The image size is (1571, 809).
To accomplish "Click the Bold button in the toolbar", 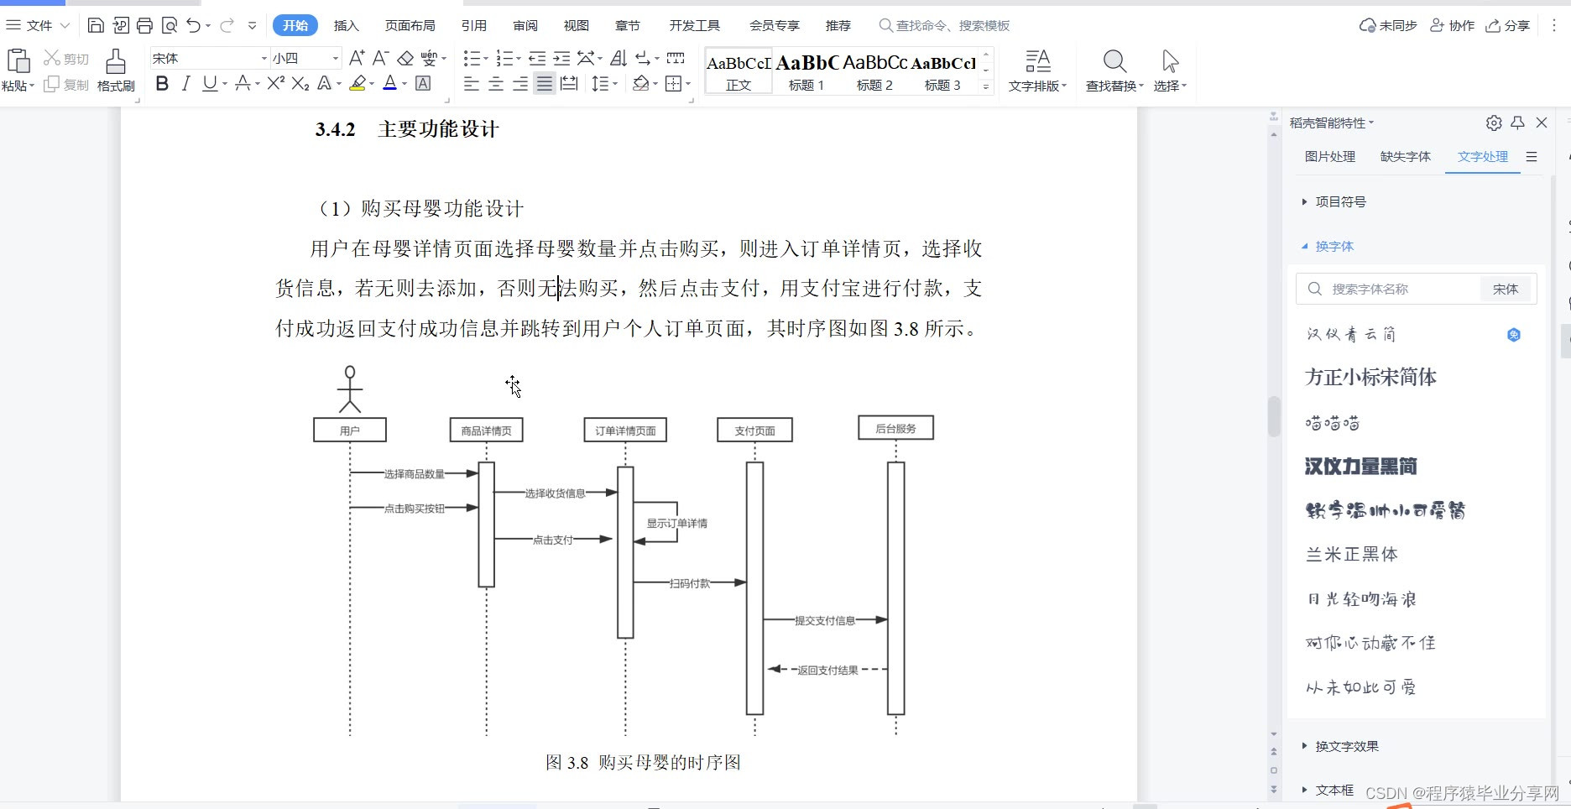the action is point(163,83).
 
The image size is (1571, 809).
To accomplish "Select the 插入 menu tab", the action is point(346,26).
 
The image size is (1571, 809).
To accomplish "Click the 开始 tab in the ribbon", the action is point(295,26).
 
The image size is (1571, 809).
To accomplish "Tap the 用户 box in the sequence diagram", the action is point(350,431).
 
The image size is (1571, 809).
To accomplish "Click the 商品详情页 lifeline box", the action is point(487,431).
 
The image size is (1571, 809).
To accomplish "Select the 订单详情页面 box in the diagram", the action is point(625,431).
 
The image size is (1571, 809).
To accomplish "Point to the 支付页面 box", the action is point(754,431).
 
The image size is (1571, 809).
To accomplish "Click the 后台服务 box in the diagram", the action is point(895,428).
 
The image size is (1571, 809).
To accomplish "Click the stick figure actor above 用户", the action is point(350,389).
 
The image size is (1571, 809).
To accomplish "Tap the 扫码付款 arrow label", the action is point(690,583).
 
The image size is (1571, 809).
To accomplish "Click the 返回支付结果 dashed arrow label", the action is point(827,671).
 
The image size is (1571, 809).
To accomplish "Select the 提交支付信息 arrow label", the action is point(825,621).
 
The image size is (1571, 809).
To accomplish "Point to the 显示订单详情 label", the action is point(677,524).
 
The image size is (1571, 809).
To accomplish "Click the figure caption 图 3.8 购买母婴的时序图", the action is point(643,763).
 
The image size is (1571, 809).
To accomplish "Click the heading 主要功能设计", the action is point(438,129).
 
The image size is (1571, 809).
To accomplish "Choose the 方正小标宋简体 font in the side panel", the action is point(1370,378).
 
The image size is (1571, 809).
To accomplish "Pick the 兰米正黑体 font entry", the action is point(1352,555).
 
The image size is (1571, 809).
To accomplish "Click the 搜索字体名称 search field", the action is point(1393,289).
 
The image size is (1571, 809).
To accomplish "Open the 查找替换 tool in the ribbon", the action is point(1114,70).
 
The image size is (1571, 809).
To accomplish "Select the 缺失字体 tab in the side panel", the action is point(1405,157).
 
